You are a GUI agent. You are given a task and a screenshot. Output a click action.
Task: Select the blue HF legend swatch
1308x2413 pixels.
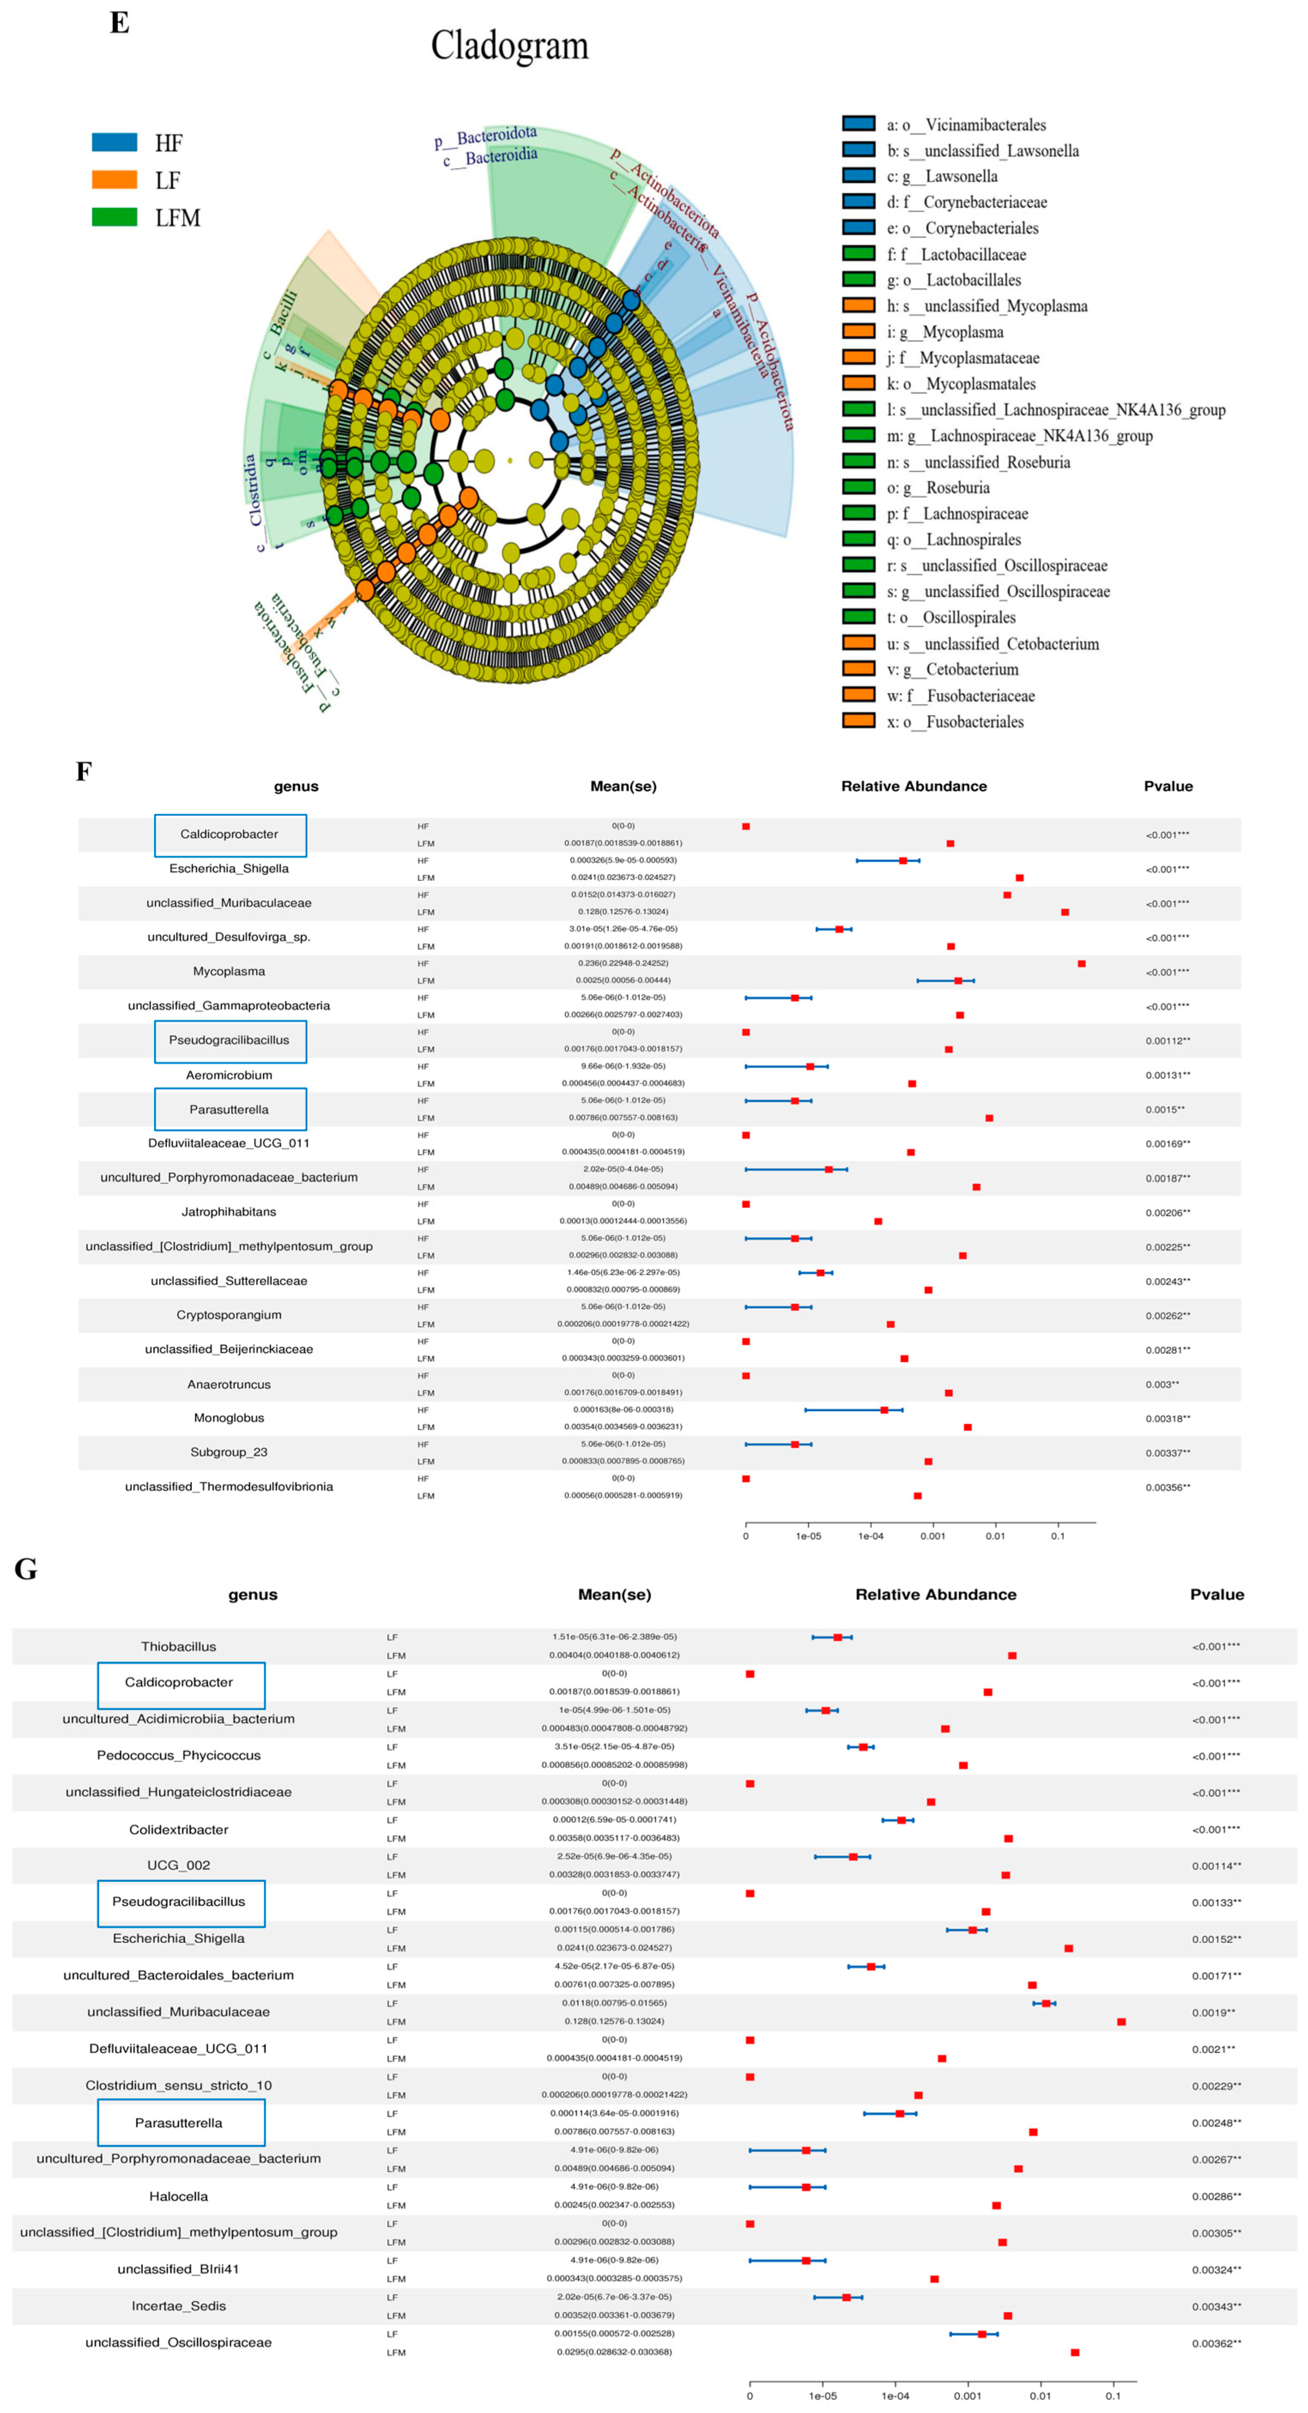114,142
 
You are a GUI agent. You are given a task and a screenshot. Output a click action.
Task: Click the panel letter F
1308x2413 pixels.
83,772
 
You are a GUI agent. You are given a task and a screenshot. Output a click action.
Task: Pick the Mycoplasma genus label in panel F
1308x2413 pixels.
230,971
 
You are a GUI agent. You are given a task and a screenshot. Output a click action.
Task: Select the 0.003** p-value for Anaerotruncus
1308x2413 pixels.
1162,1385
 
